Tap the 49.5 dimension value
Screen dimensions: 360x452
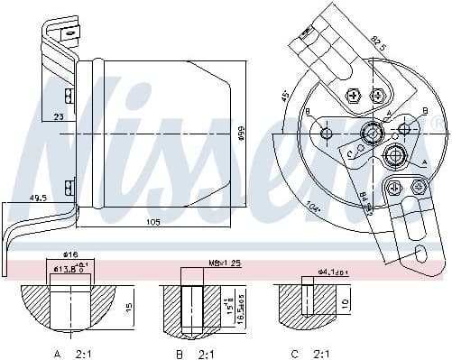39,197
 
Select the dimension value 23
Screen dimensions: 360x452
57,116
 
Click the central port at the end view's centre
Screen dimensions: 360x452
370,135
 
